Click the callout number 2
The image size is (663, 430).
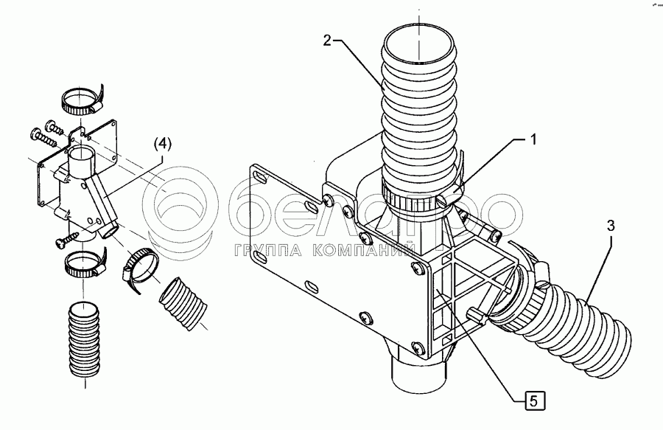point(326,41)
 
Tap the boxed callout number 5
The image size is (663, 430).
point(533,402)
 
